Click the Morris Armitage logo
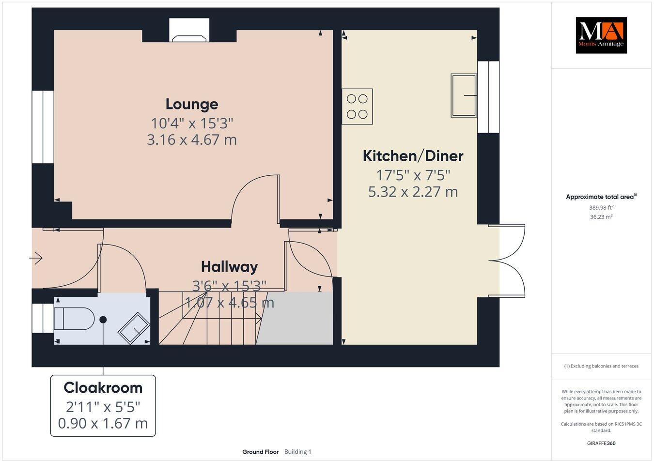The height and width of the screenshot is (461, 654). point(601,35)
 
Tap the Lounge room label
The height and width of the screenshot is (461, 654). point(192,104)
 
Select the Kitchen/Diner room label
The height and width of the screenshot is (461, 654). point(413,156)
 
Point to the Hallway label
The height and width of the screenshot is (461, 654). point(229,267)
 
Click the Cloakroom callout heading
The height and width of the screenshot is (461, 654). point(103,388)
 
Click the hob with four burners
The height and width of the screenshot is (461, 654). point(358,107)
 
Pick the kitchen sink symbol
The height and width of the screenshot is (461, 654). point(464,95)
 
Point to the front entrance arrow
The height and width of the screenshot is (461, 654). point(36,259)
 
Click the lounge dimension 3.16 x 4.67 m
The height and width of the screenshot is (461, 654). point(192,140)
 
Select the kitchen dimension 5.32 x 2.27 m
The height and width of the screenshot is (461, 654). point(413,192)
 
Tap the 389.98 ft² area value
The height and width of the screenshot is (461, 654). point(601,207)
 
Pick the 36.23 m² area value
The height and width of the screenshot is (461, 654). point(601,217)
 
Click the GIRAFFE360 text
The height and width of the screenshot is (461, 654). point(601,443)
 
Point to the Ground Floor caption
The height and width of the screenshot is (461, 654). point(261,452)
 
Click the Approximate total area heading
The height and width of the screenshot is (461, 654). point(601,197)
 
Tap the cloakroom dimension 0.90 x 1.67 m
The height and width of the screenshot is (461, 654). point(103,423)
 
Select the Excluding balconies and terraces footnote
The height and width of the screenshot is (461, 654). point(601,366)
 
